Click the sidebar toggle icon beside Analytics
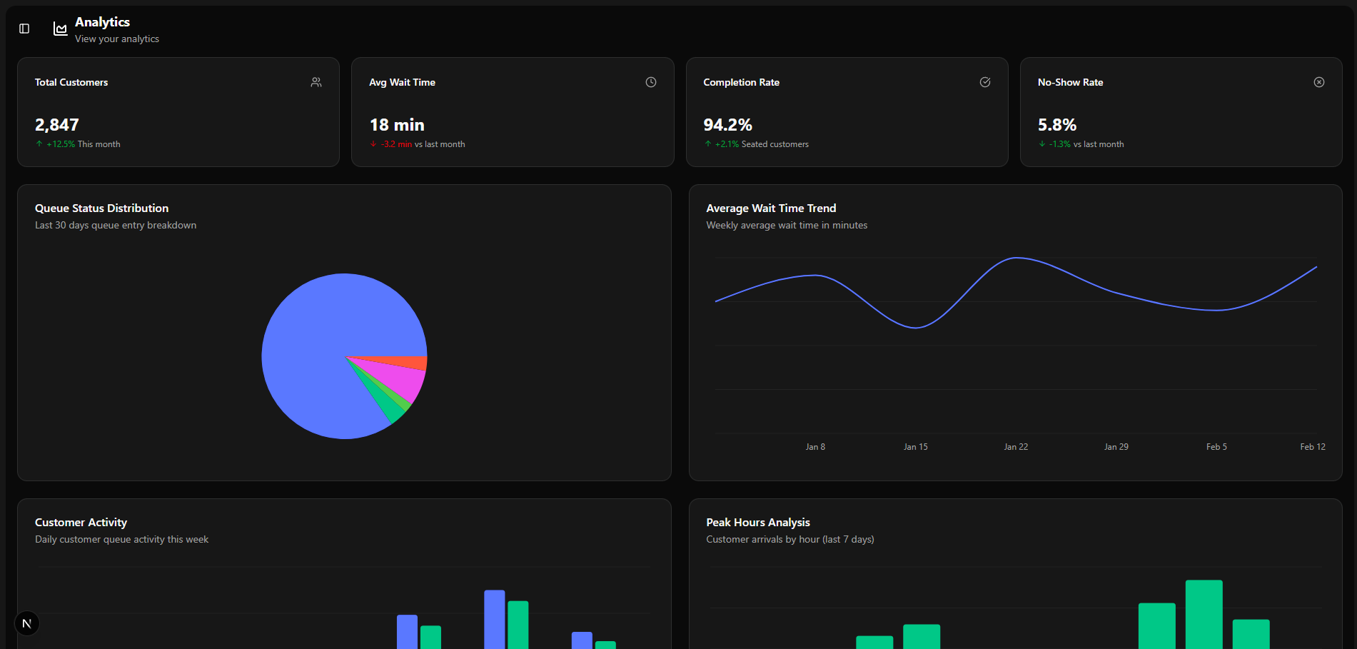coord(24,29)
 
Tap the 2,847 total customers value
coord(57,125)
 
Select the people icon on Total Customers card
coord(316,82)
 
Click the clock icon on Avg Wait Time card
coord(651,82)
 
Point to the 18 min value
coord(397,125)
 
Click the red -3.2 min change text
coord(396,144)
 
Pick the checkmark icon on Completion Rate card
coord(985,82)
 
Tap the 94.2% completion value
coord(727,125)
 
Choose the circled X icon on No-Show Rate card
coord(1319,82)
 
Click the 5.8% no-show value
coord(1056,125)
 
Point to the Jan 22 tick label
coord(1016,447)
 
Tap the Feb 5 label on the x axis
coord(1216,447)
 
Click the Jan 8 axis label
coord(815,447)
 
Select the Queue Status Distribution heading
coord(102,208)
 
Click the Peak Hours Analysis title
coord(758,523)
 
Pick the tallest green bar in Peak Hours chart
coord(1204,614)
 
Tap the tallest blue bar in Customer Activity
coord(494,619)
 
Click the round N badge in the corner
coord(27,623)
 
